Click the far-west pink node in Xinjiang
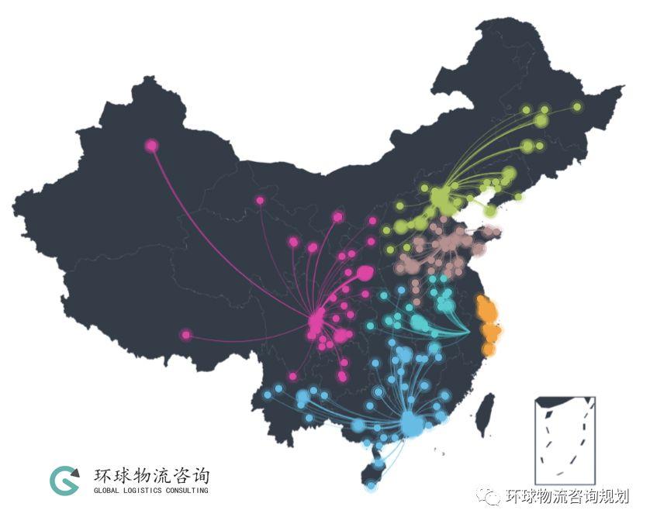pyautogui.click(x=151, y=145)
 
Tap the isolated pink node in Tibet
pyautogui.click(x=185, y=335)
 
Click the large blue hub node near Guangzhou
pyautogui.click(x=410, y=423)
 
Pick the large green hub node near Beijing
pyautogui.click(x=440, y=198)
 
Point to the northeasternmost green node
pyautogui.click(x=577, y=107)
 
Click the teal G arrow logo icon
pyautogui.click(x=64, y=481)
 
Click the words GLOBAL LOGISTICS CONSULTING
pyautogui.click(x=150, y=491)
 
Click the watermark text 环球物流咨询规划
pyautogui.click(x=566, y=497)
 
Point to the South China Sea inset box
pyautogui.click(x=565, y=440)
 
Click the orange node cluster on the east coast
pyautogui.click(x=489, y=322)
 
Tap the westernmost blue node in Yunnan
pyautogui.click(x=268, y=395)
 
